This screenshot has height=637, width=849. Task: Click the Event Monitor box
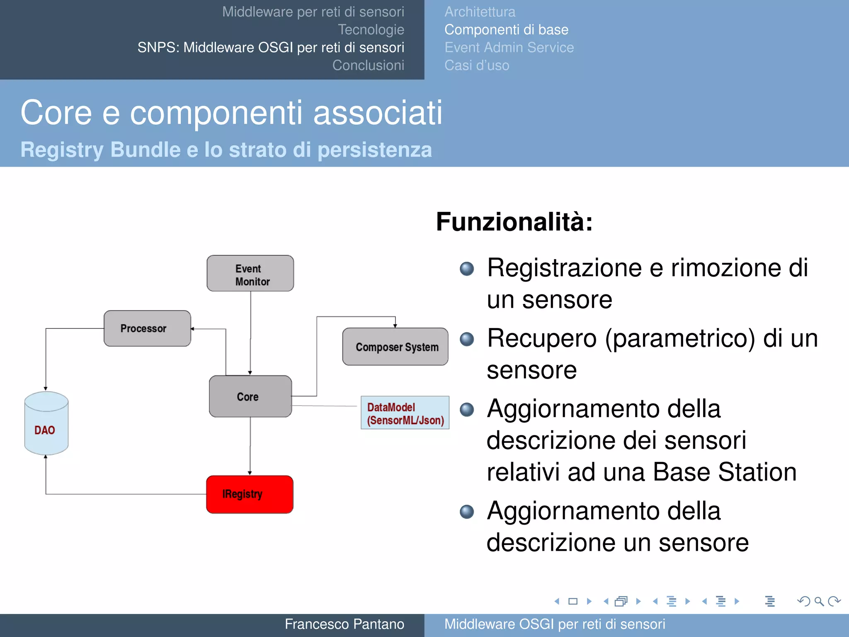click(x=250, y=274)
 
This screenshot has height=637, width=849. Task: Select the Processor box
click(x=147, y=328)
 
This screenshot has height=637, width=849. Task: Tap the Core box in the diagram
click(x=250, y=396)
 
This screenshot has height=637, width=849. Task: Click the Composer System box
click(x=395, y=347)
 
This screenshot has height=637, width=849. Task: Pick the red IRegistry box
click(x=250, y=494)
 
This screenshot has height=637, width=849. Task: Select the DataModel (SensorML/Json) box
click(x=405, y=413)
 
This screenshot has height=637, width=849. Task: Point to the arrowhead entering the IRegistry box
click(x=250, y=473)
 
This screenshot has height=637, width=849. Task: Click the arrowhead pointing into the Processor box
click(x=193, y=329)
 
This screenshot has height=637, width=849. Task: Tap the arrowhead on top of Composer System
click(x=395, y=326)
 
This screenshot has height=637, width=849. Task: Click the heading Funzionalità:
click(x=514, y=222)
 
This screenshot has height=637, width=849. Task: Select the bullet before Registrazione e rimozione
click(x=467, y=269)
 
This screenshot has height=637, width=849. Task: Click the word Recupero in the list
click(x=543, y=338)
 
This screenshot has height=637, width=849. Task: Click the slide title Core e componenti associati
click(x=231, y=113)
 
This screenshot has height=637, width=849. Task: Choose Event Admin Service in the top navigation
click(x=509, y=48)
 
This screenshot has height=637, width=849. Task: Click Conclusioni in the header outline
click(x=368, y=66)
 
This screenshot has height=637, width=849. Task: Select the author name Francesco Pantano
click(x=344, y=624)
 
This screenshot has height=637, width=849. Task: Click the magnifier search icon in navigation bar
click(x=819, y=601)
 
